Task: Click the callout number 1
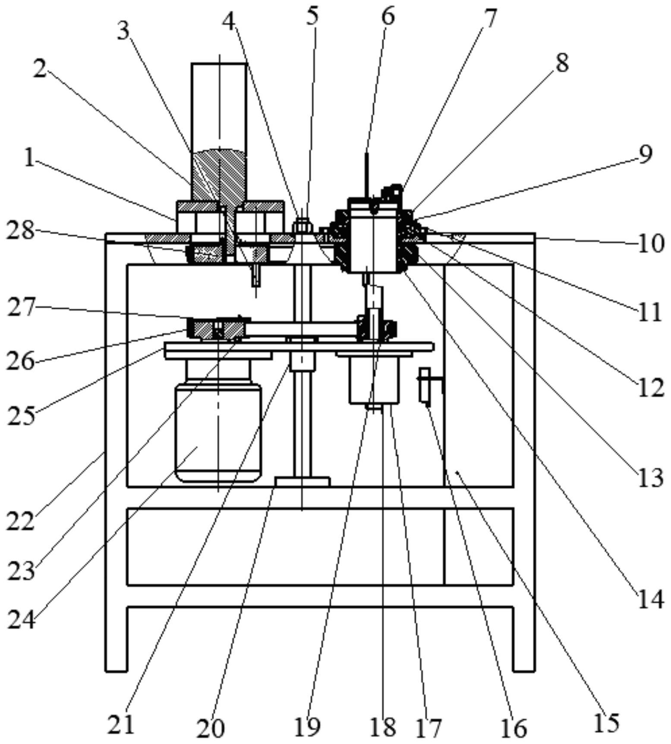coord(29,159)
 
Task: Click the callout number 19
coord(307,727)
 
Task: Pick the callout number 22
coord(20,522)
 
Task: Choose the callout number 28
coord(20,231)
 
